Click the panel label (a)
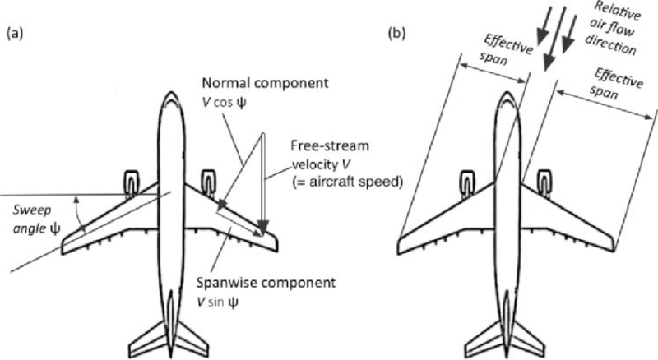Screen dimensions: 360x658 [17, 35]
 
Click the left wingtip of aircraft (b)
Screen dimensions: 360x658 [401, 245]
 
